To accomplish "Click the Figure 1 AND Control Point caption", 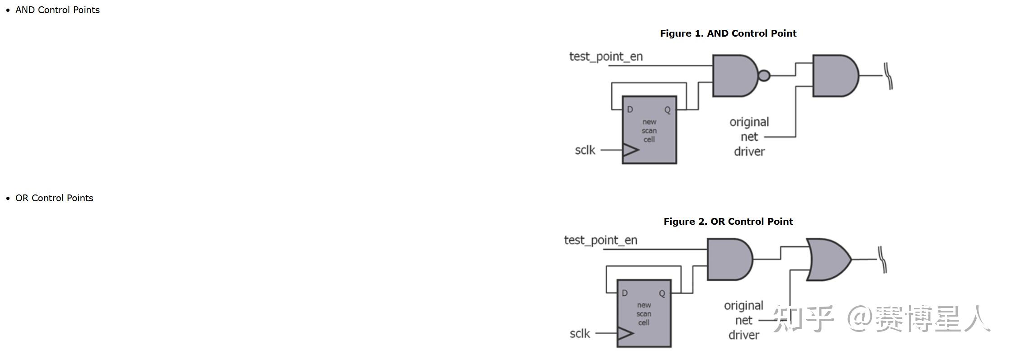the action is [x=728, y=33].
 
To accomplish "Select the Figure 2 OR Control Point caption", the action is [x=728, y=222].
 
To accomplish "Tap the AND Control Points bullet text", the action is [x=57, y=10].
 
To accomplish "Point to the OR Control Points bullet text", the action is [x=54, y=198].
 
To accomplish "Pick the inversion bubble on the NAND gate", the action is [x=764, y=76].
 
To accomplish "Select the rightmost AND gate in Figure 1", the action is [x=836, y=76].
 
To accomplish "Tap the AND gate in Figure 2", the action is [x=730, y=260].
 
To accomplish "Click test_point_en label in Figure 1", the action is [x=606, y=57].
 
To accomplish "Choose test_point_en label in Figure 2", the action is [x=601, y=241].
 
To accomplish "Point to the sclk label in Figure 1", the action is [x=585, y=150].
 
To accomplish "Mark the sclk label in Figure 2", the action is [x=580, y=334].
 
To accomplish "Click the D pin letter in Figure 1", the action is [x=630, y=109].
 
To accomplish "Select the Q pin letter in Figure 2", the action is [x=662, y=294].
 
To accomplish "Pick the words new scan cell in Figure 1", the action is [x=649, y=131].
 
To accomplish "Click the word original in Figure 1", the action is [x=749, y=123].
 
